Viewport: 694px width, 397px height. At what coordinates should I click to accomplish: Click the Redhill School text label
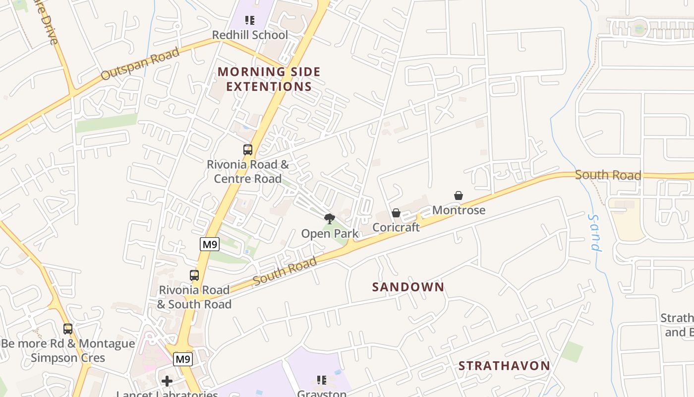tap(250, 35)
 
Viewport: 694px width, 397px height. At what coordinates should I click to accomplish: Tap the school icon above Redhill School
tap(250, 20)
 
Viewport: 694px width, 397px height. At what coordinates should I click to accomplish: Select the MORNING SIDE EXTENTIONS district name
tap(269, 79)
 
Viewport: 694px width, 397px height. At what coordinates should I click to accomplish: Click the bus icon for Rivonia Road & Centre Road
tap(247, 149)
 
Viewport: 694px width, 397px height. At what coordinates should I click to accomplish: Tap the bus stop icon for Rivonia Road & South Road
tap(194, 275)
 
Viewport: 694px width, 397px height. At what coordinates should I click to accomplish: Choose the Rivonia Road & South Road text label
tap(194, 297)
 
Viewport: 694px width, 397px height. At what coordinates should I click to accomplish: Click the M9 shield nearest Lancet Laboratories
tap(182, 358)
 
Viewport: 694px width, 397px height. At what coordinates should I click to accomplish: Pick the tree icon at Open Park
tap(329, 218)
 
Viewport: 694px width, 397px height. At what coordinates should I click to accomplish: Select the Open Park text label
tap(330, 233)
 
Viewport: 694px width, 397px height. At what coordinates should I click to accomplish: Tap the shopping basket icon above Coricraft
tap(396, 213)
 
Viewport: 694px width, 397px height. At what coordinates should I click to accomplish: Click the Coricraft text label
tap(396, 227)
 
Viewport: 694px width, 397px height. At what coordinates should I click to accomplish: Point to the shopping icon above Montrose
tap(459, 196)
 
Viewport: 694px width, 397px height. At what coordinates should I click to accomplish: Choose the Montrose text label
tap(459, 210)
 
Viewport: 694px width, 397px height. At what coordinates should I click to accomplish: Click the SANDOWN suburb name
tap(408, 287)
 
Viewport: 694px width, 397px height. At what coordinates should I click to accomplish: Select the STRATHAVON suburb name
tap(504, 366)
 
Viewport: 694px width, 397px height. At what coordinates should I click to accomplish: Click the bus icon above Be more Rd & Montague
tap(68, 329)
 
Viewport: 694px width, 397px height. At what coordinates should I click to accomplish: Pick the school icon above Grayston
tap(322, 380)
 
